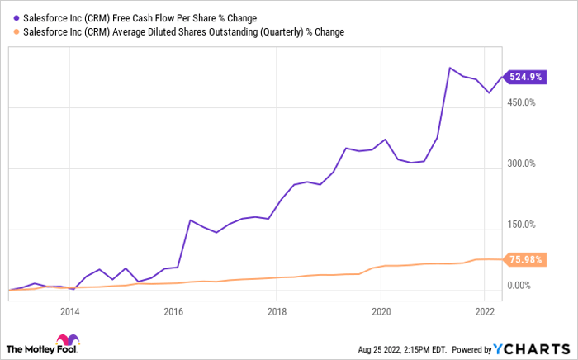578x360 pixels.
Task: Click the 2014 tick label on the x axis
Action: (x=69, y=312)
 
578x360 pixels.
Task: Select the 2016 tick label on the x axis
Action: (x=173, y=312)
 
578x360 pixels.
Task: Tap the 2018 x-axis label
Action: (x=277, y=312)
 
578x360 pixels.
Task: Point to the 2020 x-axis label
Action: (x=381, y=312)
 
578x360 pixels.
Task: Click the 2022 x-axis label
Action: (x=484, y=312)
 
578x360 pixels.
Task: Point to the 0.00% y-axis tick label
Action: (x=524, y=286)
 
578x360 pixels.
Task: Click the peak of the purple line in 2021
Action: (x=448, y=68)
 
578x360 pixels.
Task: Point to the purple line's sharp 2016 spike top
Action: (x=190, y=220)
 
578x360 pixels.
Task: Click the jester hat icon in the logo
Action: (x=64, y=342)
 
